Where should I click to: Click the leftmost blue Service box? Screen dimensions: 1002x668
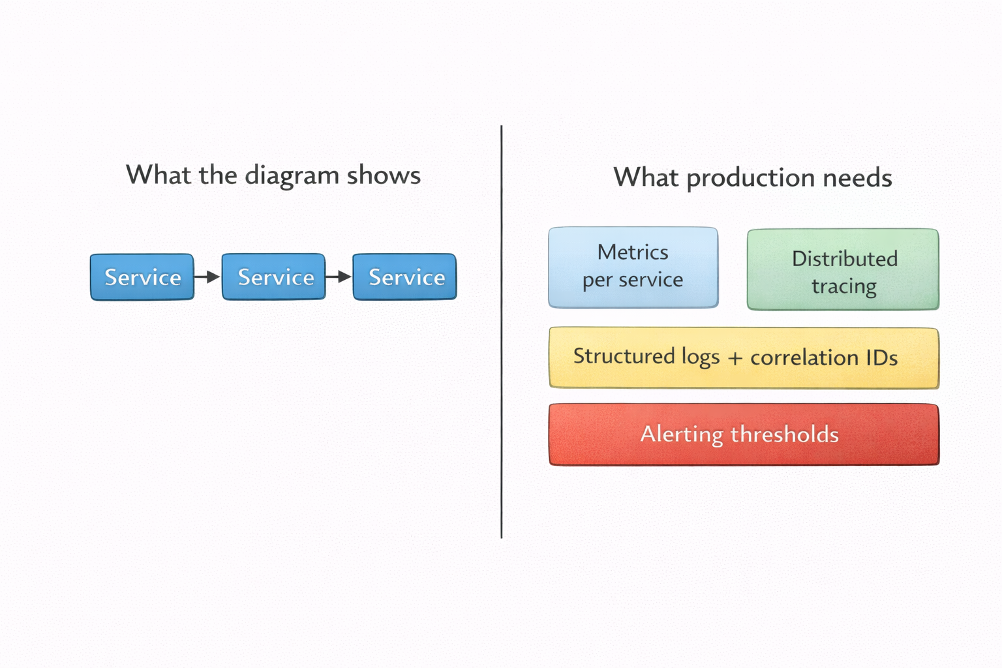click(142, 277)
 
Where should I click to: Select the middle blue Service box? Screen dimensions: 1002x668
click(274, 277)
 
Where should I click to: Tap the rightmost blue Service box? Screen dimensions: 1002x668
click(405, 277)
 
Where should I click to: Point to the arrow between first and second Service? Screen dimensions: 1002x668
click(207, 277)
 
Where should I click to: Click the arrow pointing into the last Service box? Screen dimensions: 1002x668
click(339, 277)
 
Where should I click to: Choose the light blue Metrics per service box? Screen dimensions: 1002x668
click(633, 267)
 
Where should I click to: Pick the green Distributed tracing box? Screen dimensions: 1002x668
click(843, 269)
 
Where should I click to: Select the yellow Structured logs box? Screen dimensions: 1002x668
click(744, 358)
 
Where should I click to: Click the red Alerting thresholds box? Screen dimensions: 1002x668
click(744, 434)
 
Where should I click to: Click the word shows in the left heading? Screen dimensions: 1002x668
click(384, 174)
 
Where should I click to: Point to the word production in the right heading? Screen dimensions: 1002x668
click(751, 179)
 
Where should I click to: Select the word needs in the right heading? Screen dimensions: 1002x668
click(858, 177)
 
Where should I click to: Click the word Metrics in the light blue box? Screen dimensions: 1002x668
click(633, 252)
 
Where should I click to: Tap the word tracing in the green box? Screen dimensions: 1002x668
click(844, 287)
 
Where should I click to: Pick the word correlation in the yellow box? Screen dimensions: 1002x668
click(804, 357)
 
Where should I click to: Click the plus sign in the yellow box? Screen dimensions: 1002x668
click(735, 358)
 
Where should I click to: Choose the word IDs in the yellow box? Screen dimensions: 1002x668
click(882, 357)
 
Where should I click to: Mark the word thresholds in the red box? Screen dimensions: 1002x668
click(785, 434)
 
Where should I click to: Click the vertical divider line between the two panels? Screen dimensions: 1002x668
click(502, 331)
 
